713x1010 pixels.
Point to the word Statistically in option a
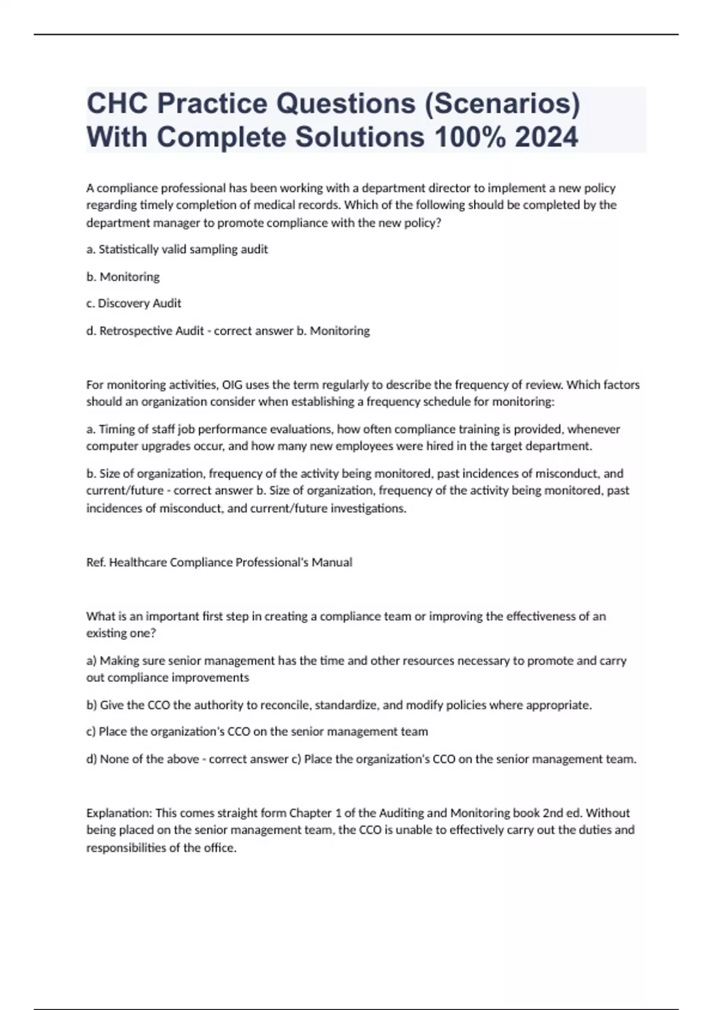[x=124, y=250]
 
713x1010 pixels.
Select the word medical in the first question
[x=280, y=206]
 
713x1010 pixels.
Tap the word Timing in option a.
[x=115, y=430]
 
